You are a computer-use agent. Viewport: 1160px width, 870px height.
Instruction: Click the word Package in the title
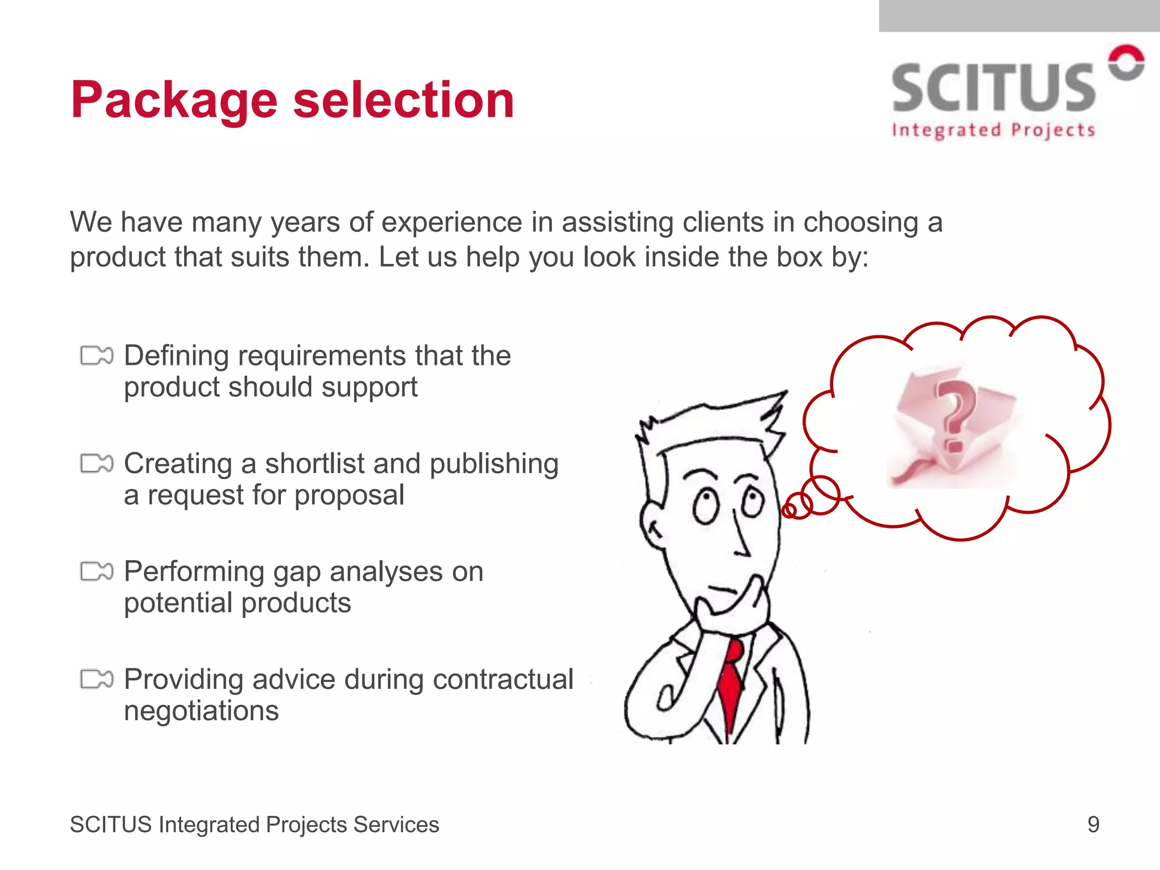[x=174, y=101]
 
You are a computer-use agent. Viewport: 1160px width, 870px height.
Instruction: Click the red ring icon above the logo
[x=1126, y=63]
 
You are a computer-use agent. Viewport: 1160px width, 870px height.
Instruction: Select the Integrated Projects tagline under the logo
[x=993, y=131]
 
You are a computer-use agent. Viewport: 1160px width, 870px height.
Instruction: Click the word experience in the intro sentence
[x=451, y=222]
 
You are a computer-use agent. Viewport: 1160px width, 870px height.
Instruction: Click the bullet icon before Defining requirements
[x=97, y=356]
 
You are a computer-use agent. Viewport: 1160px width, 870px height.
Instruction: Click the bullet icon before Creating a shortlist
[x=97, y=463]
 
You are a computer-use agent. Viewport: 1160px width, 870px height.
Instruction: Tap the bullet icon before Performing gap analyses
[x=97, y=572]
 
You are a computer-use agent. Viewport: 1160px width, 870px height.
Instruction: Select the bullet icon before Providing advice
[x=97, y=679]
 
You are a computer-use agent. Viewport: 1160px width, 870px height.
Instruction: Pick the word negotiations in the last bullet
[x=201, y=710]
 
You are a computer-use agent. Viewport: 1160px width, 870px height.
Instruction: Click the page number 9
[x=1093, y=824]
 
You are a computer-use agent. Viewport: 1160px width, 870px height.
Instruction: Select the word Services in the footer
[x=396, y=825]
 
